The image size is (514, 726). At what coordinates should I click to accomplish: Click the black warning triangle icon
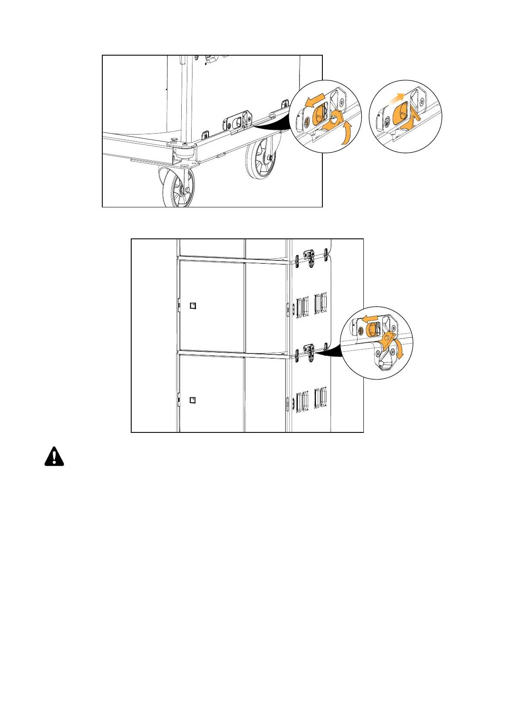(54, 456)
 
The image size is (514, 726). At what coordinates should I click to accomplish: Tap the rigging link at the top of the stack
(309, 256)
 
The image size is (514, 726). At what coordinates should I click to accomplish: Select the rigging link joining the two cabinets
(309, 351)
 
